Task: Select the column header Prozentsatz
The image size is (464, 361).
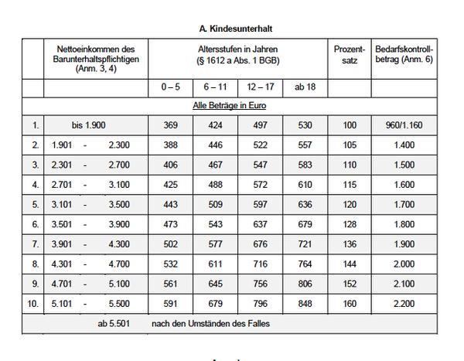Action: point(350,54)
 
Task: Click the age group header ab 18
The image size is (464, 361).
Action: point(306,87)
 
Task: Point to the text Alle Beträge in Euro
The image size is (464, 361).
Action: point(231,104)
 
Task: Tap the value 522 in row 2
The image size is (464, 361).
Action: point(261,145)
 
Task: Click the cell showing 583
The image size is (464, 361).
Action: point(306,165)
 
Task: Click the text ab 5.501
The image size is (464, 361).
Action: point(113,323)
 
